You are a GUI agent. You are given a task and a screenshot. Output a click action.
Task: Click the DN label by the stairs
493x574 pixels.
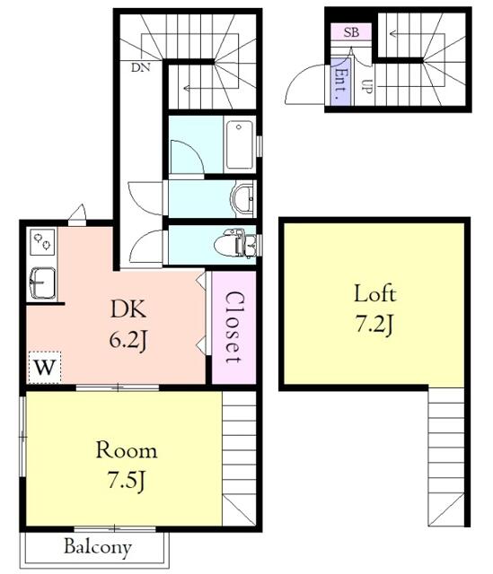(x=141, y=67)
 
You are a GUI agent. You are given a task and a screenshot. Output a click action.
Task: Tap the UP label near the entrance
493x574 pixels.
(x=367, y=86)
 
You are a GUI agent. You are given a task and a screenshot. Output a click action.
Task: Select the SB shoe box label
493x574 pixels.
(x=351, y=32)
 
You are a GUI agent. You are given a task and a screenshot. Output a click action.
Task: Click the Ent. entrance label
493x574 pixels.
(x=341, y=82)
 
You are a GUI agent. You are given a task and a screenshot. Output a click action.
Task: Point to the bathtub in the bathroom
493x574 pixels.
(x=240, y=144)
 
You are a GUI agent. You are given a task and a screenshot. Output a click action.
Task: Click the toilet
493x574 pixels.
(x=235, y=243)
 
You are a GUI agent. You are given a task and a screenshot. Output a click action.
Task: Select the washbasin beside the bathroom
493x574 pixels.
(x=242, y=199)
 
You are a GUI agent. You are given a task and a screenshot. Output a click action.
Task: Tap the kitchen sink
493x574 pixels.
(x=42, y=283)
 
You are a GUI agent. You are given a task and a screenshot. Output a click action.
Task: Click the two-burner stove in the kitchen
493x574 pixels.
(x=42, y=241)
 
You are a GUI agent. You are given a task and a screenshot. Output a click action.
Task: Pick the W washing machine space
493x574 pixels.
(x=45, y=367)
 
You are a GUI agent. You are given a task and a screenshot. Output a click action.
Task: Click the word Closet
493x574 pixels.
(x=233, y=326)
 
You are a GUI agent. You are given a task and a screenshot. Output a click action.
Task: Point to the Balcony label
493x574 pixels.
(x=98, y=547)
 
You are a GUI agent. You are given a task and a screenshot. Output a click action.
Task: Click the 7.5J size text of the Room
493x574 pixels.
(x=127, y=481)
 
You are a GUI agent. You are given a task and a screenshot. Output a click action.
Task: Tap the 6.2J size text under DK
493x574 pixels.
(x=128, y=340)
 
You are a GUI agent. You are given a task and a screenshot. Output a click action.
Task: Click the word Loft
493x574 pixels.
(x=374, y=293)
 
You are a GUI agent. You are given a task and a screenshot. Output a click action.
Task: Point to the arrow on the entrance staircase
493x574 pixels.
(x=417, y=34)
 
